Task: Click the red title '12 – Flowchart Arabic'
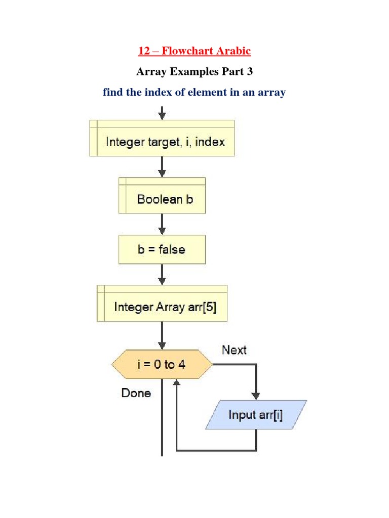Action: (x=194, y=51)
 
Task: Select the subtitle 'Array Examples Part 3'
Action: (x=194, y=72)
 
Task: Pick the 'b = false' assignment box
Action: (x=162, y=249)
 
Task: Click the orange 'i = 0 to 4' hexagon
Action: (x=162, y=364)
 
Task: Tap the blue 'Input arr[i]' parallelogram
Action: (x=256, y=415)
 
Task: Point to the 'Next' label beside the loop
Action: (x=234, y=350)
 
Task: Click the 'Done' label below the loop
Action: (x=136, y=393)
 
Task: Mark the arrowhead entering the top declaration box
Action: (x=162, y=116)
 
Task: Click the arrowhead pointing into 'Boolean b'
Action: (x=162, y=172)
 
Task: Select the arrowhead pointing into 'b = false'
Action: (x=162, y=230)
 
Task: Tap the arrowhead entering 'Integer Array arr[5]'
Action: (x=162, y=281)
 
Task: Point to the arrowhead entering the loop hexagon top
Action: (x=162, y=344)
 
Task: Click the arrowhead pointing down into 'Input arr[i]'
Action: (x=256, y=396)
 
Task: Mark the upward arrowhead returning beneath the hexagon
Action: (x=176, y=384)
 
